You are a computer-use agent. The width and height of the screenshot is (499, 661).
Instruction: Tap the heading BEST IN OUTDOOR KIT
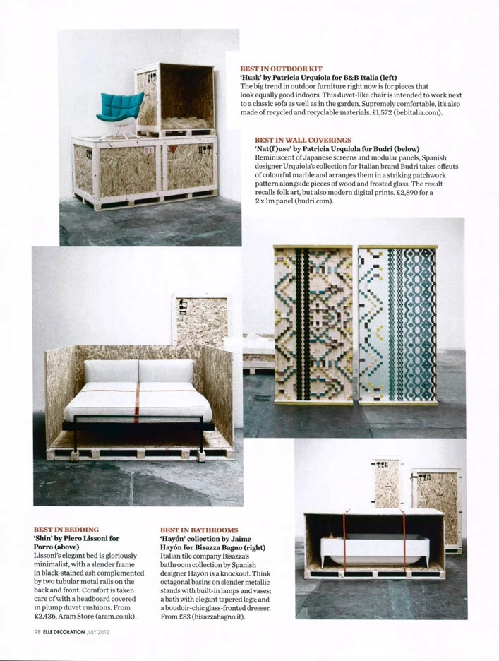point(281,69)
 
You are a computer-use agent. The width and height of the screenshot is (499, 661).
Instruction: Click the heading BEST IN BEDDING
point(66,529)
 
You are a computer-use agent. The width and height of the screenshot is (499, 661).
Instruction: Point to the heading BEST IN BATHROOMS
point(198,530)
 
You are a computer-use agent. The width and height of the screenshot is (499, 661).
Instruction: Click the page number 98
point(37,632)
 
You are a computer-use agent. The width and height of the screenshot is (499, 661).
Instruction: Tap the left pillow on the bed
point(111,371)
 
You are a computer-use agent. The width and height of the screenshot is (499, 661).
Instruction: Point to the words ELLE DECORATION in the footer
point(71,632)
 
